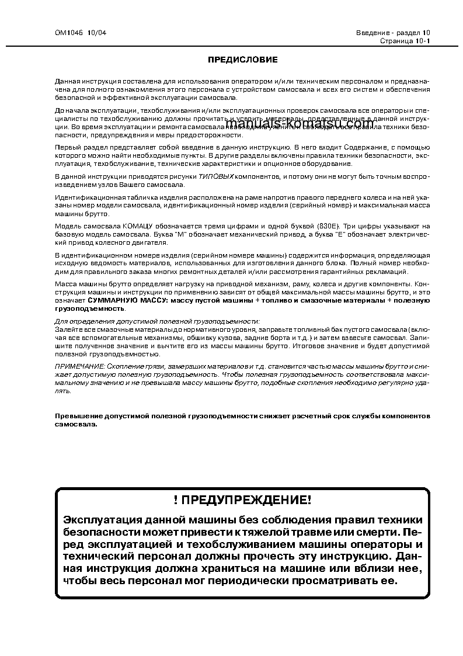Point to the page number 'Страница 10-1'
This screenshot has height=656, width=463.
click(405, 41)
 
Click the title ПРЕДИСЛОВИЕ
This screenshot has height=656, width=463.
click(243, 60)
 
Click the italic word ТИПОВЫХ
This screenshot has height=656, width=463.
click(216, 176)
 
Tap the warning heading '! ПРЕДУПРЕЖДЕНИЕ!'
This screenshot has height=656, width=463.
click(242, 499)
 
